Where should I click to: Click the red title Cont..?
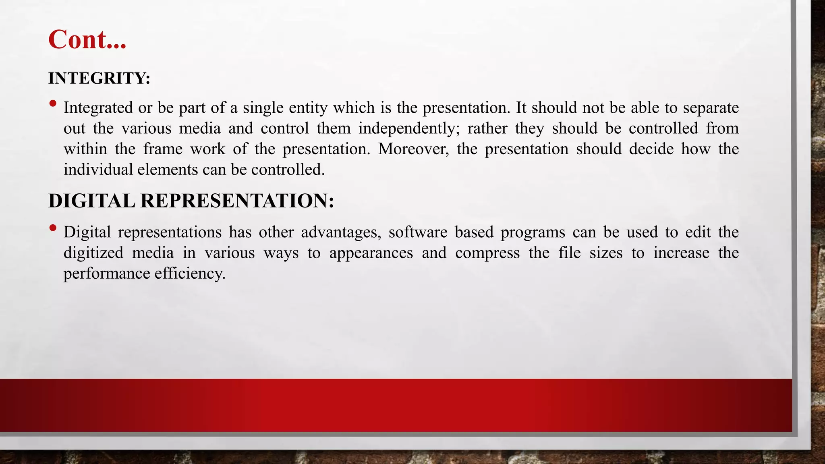pyautogui.click(x=87, y=39)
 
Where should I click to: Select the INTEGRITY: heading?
pyautogui.click(x=99, y=78)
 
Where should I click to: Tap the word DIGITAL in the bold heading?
pyautogui.click(x=91, y=201)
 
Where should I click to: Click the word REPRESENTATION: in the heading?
pyautogui.click(x=237, y=201)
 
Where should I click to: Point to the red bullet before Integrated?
pyautogui.click(x=53, y=104)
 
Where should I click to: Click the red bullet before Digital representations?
pyautogui.click(x=53, y=228)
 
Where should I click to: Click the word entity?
pyautogui.click(x=309, y=108)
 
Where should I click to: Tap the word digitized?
pyautogui.click(x=93, y=253)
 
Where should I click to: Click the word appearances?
pyautogui.click(x=371, y=253)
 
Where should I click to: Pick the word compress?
pyautogui.click(x=487, y=253)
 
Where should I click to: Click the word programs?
pyautogui.click(x=533, y=232)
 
